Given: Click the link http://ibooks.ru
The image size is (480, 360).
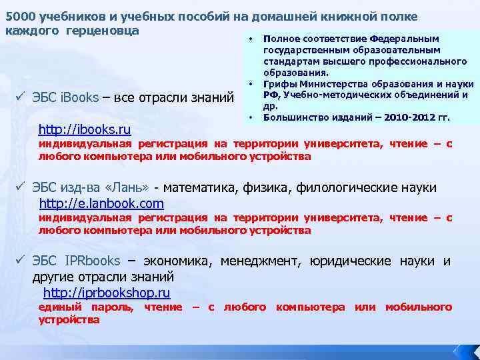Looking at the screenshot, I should [85, 128].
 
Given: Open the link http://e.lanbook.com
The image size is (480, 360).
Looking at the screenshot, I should [101, 203].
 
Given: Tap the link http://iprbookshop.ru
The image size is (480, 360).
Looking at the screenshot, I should [106, 293].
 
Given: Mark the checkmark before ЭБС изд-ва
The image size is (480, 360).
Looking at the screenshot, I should [20, 187].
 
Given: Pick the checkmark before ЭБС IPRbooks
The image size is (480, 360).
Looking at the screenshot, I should [20, 260].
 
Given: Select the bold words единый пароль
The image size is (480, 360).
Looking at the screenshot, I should [86, 307].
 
